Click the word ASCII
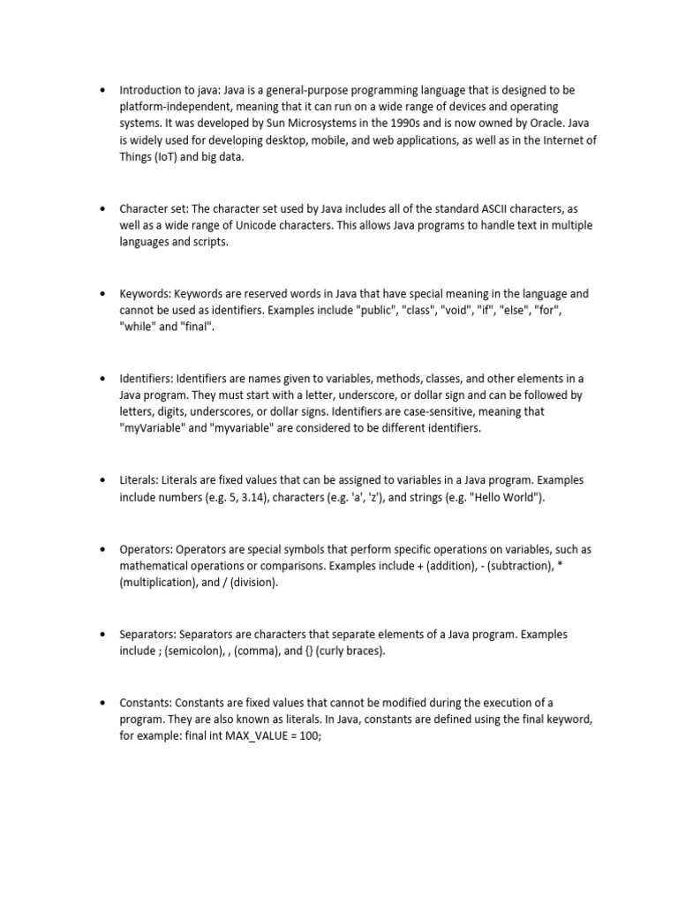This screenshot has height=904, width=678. coord(481,208)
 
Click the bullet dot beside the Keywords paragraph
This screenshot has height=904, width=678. coord(102,293)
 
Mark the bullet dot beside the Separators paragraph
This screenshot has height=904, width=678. coord(102,634)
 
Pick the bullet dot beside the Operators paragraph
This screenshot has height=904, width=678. coord(102,548)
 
